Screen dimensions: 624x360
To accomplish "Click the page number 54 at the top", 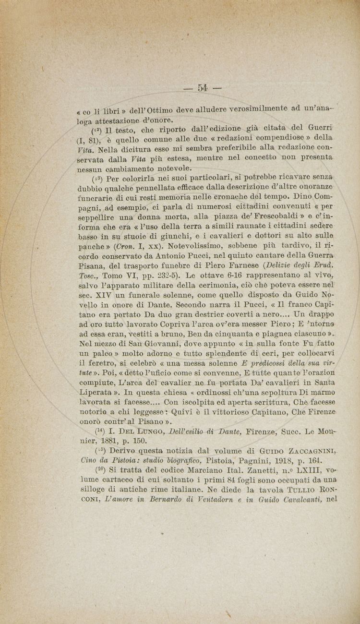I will point(202,87).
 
